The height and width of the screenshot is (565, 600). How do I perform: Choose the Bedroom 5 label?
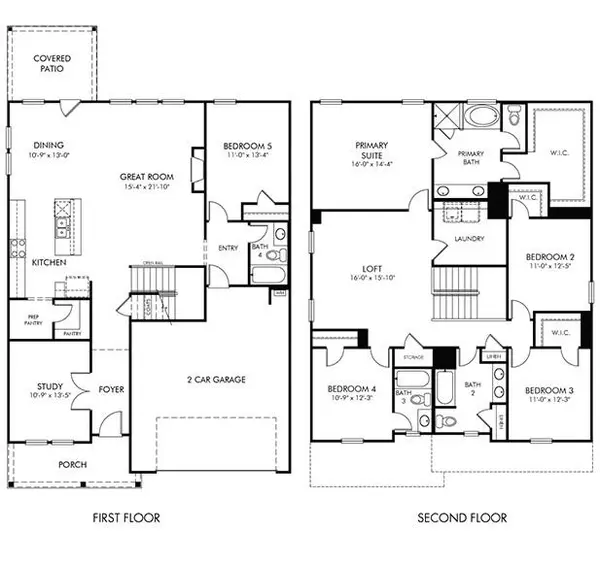click(248, 147)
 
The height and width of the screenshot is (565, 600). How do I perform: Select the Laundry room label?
click(468, 239)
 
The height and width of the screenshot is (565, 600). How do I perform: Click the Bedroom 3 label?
click(546, 390)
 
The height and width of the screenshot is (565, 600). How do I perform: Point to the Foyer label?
click(111, 389)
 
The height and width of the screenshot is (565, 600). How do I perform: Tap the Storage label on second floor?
click(414, 357)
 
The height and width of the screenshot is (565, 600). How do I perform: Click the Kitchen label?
click(49, 262)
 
